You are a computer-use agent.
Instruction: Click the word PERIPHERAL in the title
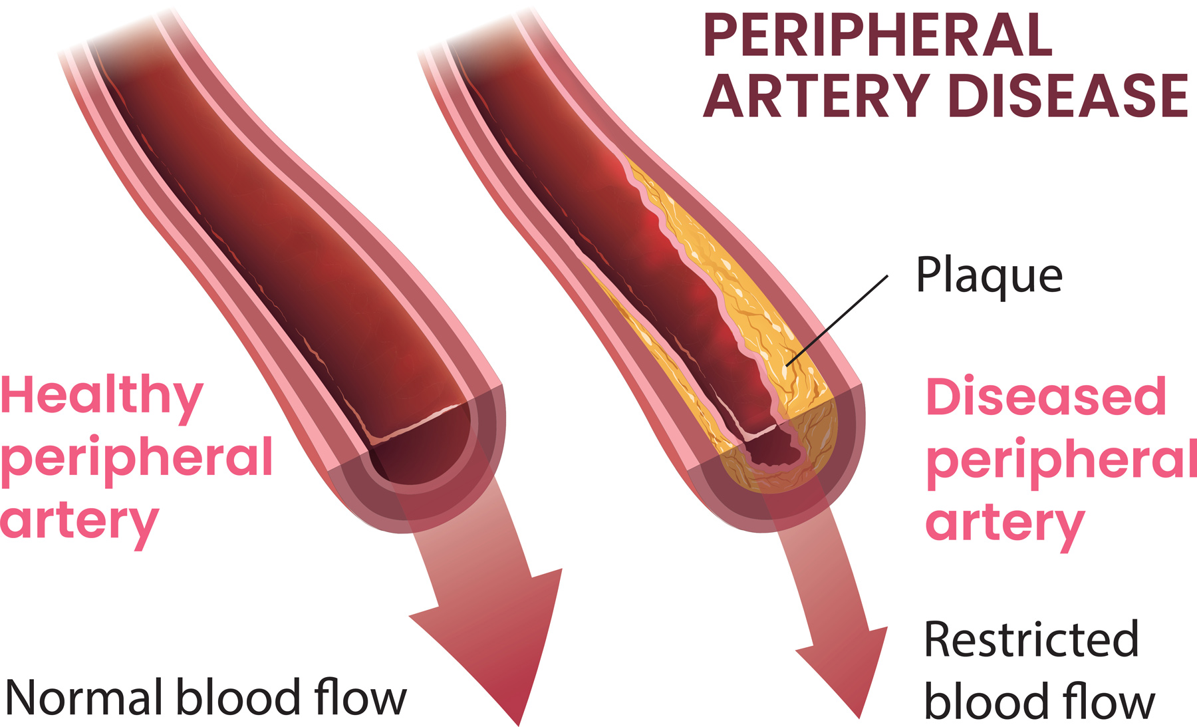pos(878,36)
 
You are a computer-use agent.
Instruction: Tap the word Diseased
pos(1045,397)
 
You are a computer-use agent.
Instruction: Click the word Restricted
pos(1031,639)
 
